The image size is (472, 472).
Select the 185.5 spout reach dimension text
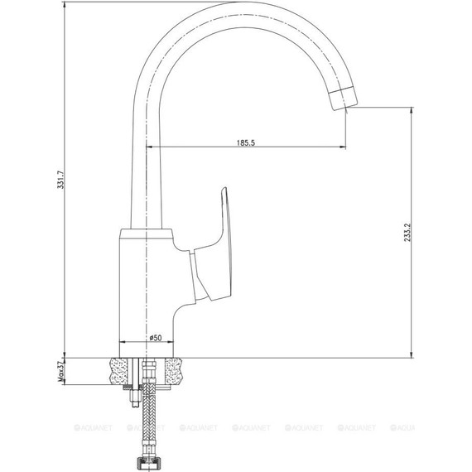click(245, 142)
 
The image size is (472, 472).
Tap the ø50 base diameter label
click(155, 337)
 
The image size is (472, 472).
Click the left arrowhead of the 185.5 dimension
click(151, 148)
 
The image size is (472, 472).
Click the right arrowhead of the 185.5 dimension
click(344, 148)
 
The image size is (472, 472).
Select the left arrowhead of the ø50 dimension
click(123, 343)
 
